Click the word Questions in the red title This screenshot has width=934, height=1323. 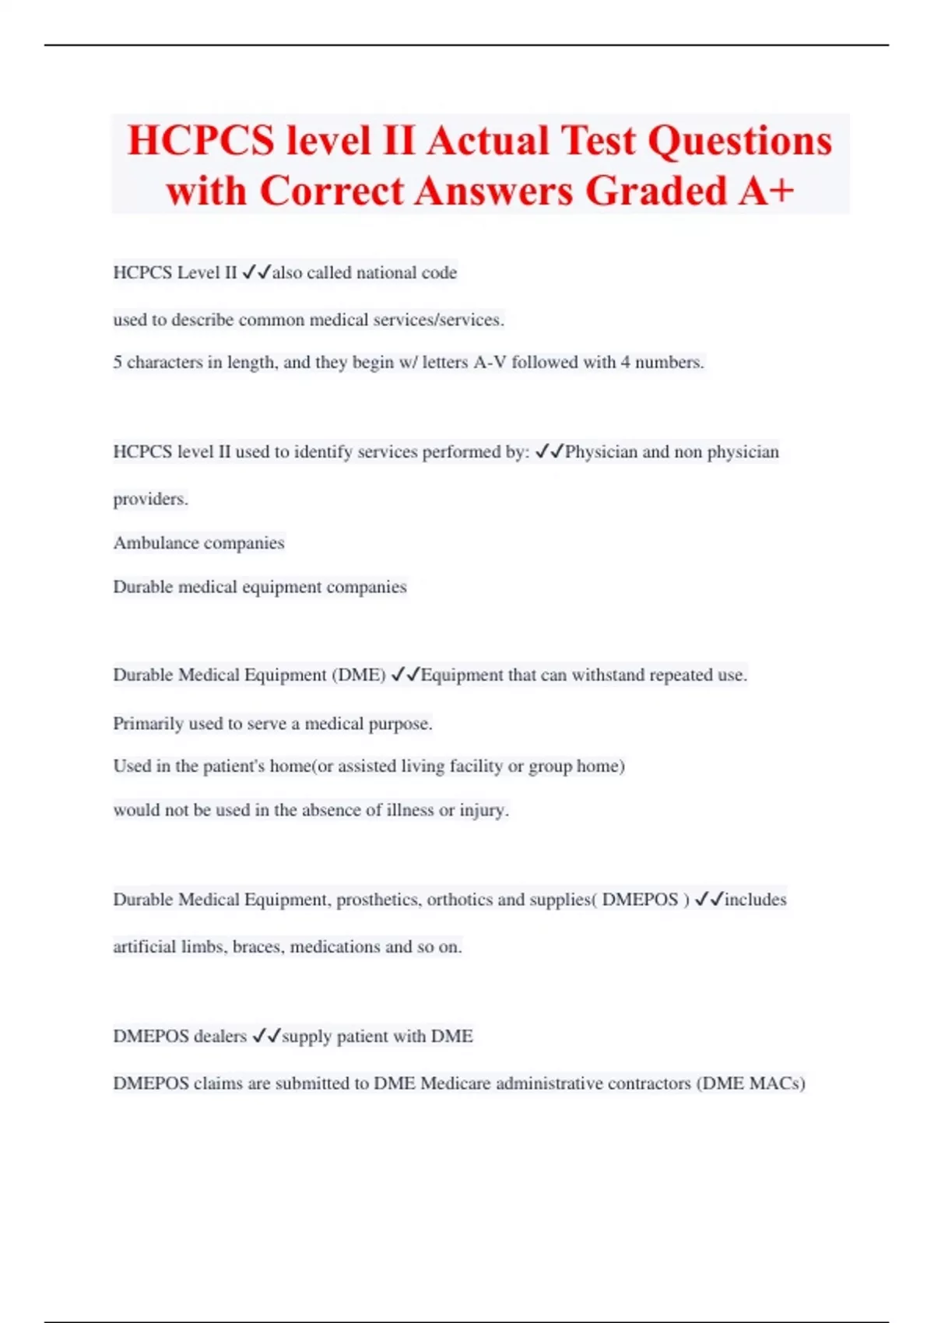739,141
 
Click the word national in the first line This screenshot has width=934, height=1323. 385,272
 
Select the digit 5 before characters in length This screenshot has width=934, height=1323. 118,363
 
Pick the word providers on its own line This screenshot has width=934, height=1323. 150,499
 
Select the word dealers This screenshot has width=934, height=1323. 219,1037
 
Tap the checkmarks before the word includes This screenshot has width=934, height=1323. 708,899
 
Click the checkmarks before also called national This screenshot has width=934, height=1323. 256,272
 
